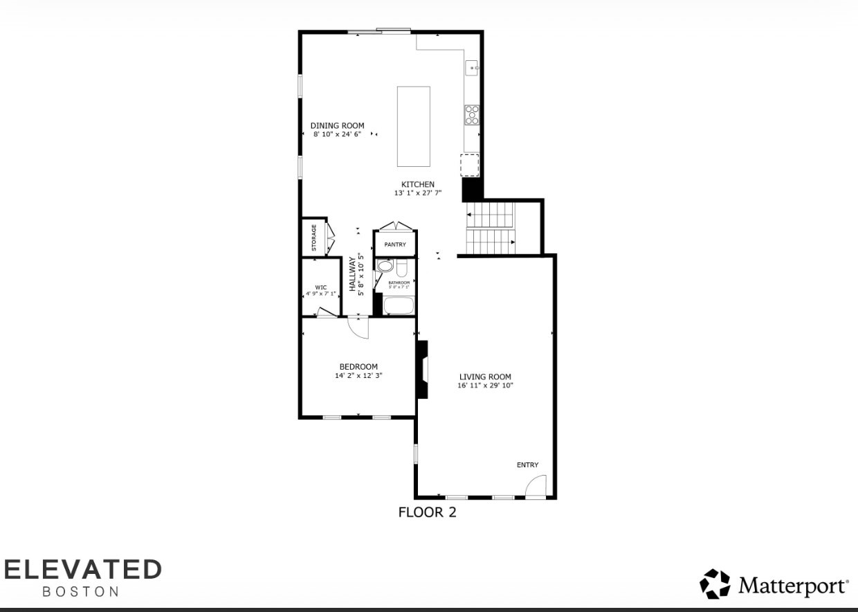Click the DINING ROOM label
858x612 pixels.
[337, 126]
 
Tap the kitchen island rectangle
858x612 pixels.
[413, 126]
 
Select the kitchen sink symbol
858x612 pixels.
[472, 68]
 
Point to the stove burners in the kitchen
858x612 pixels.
[472, 114]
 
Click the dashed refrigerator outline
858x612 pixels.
[470, 165]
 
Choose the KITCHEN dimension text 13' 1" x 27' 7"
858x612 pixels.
[418, 193]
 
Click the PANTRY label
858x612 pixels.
[395, 244]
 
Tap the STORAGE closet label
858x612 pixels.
[313, 237]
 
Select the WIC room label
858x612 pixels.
[321, 287]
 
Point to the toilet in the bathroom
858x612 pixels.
[385, 267]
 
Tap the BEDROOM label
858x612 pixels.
[358, 367]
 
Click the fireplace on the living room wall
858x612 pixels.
[422, 370]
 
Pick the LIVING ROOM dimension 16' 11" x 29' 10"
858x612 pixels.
[485, 386]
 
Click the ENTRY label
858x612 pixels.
[527, 465]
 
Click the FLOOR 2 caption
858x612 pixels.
[427, 513]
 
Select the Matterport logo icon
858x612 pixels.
[715, 584]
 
